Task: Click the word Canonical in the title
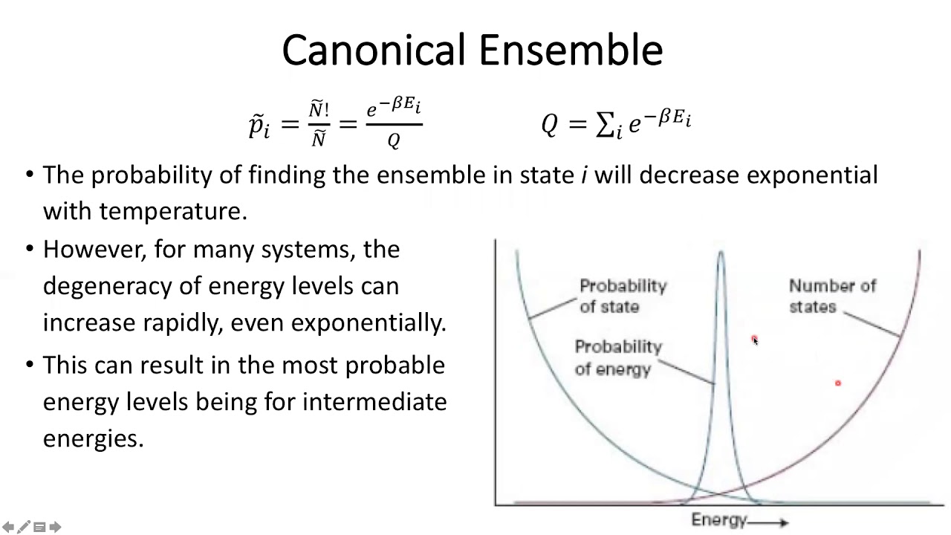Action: (376, 51)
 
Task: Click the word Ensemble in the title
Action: (570, 51)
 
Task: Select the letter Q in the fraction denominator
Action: (394, 140)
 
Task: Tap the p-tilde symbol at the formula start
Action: (259, 125)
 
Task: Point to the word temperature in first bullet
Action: (172, 211)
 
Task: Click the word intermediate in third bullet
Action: (374, 402)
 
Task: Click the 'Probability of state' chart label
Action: (623, 296)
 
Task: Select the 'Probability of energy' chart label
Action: (617, 358)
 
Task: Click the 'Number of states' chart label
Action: (832, 296)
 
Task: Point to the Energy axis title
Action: (718, 520)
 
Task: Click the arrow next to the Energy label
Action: (773, 522)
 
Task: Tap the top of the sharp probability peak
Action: (721, 255)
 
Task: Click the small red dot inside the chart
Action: (837, 383)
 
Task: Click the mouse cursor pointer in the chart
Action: (754, 340)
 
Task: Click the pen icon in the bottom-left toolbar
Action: (24, 528)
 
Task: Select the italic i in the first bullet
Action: (584, 175)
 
